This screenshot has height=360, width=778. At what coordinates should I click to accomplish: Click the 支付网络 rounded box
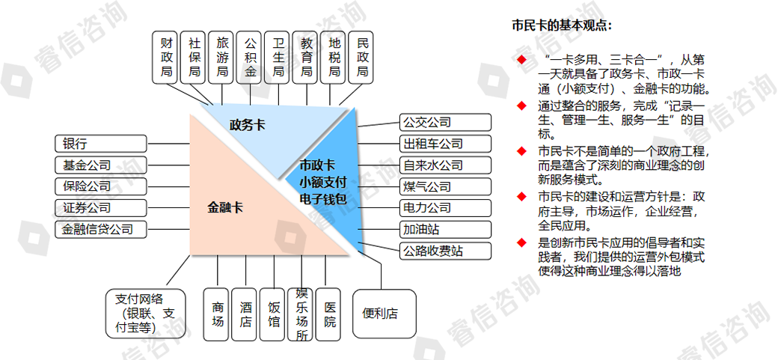141,312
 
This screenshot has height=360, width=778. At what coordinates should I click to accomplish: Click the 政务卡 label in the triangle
247,125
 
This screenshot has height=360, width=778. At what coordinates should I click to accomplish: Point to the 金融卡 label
225,207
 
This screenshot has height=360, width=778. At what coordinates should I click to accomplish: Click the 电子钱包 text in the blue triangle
322,198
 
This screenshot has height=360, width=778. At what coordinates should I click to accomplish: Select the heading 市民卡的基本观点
561,25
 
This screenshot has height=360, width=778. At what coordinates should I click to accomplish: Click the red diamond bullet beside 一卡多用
522,59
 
